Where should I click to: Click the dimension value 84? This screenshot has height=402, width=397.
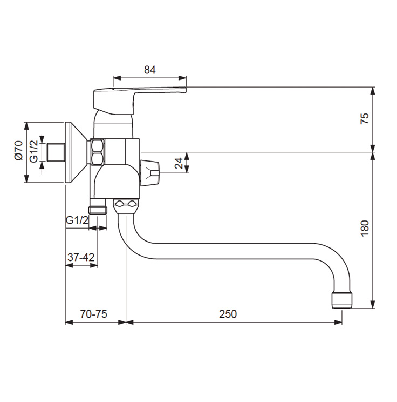click(150, 70)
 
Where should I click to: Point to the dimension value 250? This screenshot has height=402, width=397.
click(228, 313)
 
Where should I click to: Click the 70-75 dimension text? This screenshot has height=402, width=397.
click(94, 313)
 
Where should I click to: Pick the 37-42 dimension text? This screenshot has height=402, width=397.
click(81, 257)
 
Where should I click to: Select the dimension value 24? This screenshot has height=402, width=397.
click(177, 163)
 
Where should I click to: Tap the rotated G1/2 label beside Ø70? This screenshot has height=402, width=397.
click(33, 152)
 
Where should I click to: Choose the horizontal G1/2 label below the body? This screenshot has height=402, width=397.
click(77, 220)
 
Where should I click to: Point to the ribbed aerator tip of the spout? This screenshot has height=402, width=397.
click(342, 300)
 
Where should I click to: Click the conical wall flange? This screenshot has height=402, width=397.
click(76, 152)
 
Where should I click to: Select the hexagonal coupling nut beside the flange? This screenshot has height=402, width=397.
click(98, 152)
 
